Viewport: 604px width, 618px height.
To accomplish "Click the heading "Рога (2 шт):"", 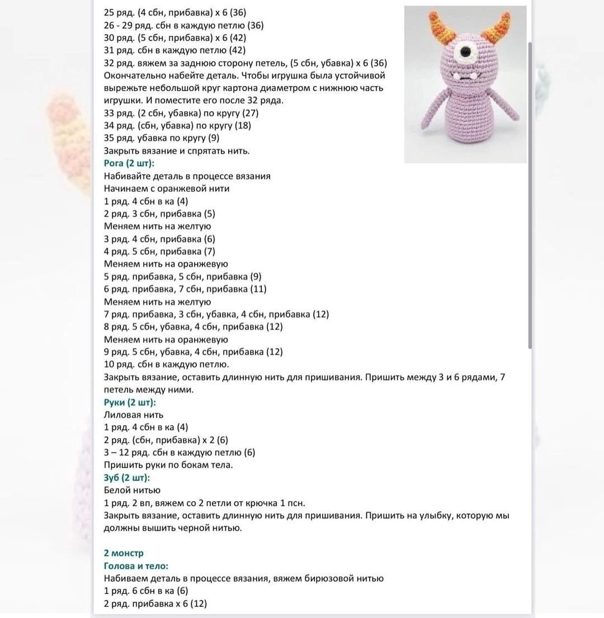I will [129, 163].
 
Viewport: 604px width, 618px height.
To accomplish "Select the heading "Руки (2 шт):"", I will [130, 402].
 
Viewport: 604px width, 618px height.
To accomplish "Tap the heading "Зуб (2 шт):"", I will [127, 478].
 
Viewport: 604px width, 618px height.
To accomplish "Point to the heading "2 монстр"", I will [124, 553].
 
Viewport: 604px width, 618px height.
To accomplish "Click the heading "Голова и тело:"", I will [136, 566].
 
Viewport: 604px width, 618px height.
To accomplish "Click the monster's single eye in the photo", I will [465, 55].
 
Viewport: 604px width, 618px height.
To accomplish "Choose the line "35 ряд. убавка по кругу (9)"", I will [162, 138].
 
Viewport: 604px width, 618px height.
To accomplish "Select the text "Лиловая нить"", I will [134, 415].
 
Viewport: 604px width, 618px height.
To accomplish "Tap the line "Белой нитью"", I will [132, 490].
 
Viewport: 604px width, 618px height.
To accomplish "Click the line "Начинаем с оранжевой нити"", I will [167, 188].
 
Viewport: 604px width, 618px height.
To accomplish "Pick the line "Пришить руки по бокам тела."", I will [168, 465].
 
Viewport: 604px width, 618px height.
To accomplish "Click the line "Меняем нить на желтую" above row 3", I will [157, 227].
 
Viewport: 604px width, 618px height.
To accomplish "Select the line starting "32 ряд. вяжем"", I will [246, 63].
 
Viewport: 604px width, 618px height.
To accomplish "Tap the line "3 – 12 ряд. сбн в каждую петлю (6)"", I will [180, 452].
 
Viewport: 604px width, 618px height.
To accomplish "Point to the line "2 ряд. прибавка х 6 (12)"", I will [155, 603].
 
